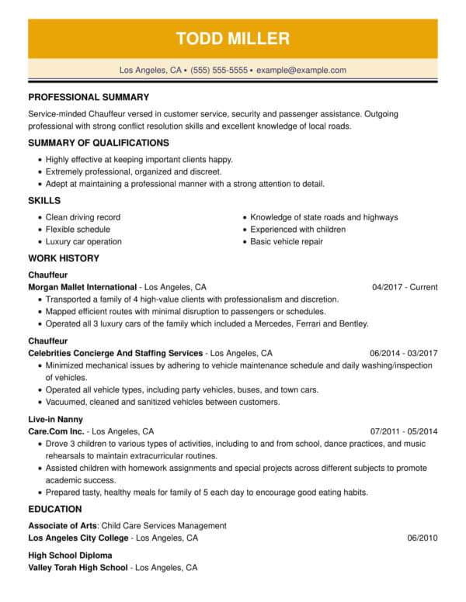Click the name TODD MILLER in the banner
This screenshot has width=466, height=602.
click(x=233, y=38)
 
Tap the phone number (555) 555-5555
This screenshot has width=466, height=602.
click(x=219, y=70)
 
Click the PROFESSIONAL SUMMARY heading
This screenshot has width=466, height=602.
click(x=89, y=98)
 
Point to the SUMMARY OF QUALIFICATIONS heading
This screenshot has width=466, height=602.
click(x=99, y=143)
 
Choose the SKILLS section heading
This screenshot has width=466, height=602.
click(x=45, y=201)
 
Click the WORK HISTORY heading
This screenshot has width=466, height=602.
click(x=64, y=258)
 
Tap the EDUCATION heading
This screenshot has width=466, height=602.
click(x=55, y=509)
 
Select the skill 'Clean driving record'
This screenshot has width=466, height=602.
click(x=83, y=217)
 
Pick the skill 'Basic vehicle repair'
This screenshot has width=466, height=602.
click(x=287, y=242)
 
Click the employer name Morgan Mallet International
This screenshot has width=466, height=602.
click(x=82, y=286)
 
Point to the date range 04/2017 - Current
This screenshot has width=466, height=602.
click(x=405, y=287)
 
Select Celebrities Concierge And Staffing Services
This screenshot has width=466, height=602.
click(x=115, y=352)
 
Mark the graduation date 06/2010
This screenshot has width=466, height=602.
click(x=423, y=538)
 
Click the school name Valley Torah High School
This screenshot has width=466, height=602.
click(x=78, y=568)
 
